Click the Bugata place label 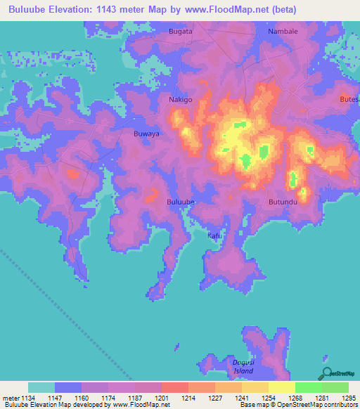coord(180,32)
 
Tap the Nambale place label coord(283,32)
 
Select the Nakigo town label coord(180,100)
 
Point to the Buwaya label coord(146,133)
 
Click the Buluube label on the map coord(180,202)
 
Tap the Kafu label coord(214,235)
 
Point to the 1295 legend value coord(349,398)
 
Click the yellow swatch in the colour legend coord(281,387)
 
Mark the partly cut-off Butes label coord(349,100)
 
